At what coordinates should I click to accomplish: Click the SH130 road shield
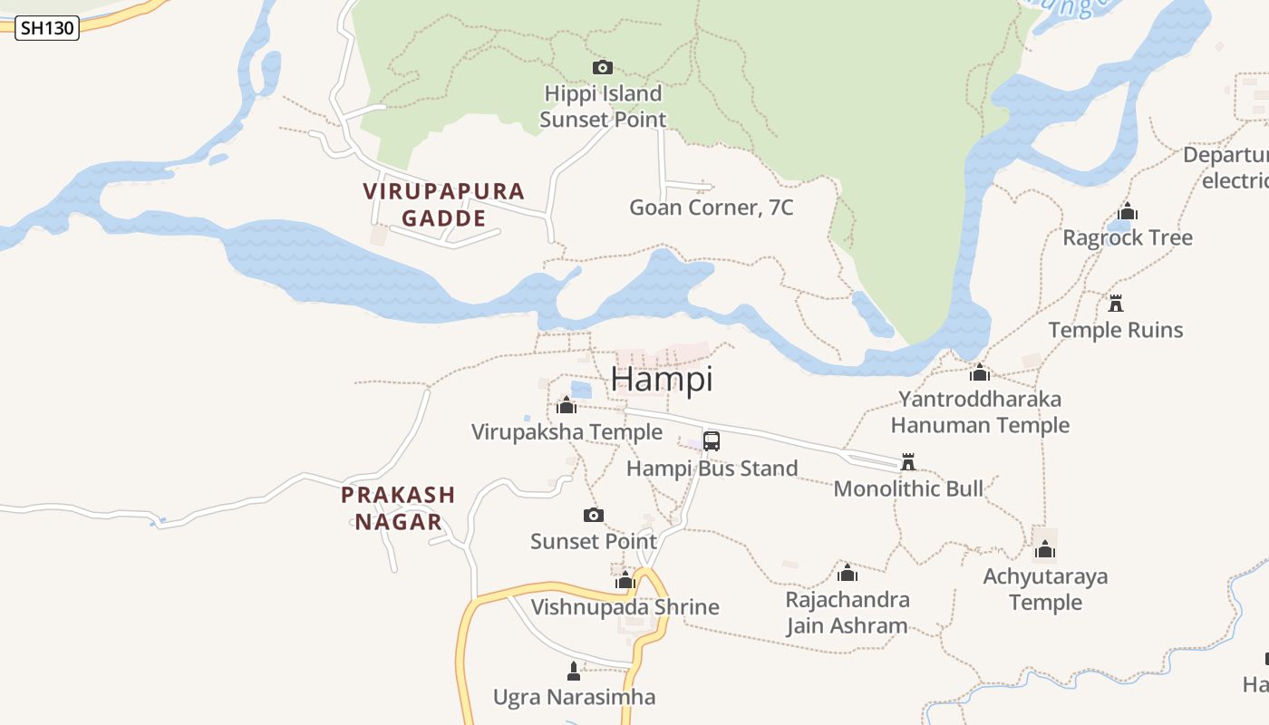pyautogui.click(x=47, y=28)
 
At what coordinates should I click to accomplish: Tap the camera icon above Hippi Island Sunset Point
pyautogui.click(x=602, y=67)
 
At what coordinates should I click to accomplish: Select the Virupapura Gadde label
pyautogui.click(x=444, y=204)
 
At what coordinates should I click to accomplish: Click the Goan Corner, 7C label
pyautogui.click(x=711, y=208)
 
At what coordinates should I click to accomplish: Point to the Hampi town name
pyautogui.click(x=662, y=379)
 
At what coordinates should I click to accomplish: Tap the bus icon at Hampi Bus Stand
pyautogui.click(x=712, y=441)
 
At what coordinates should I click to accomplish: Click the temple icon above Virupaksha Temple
pyautogui.click(x=567, y=405)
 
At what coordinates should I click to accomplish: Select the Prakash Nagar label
pyautogui.click(x=398, y=507)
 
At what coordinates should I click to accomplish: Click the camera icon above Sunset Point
pyautogui.click(x=593, y=515)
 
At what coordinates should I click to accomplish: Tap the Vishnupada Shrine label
pyautogui.click(x=625, y=607)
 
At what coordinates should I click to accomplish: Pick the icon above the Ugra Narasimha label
pyautogui.click(x=573, y=672)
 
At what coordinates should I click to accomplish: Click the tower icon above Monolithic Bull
pyautogui.click(x=907, y=462)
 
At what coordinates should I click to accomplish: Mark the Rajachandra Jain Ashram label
pyautogui.click(x=848, y=613)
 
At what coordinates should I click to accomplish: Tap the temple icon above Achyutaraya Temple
pyautogui.click(x=1045, y=550)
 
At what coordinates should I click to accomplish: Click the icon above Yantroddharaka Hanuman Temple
pyautogui.click(x=979, y=372)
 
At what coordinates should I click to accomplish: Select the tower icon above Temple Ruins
pyautogui.click(x=1116, y=303)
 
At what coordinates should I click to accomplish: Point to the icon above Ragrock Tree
pyautogui.click(x=1128, y=212)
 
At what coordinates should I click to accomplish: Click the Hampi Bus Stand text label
pyautogui.click(x=712, y=469)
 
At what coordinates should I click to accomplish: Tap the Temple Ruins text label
pyautogui.click(x=1116, y=330)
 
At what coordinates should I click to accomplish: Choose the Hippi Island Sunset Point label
pyautogui.click(x=603, y=106)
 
